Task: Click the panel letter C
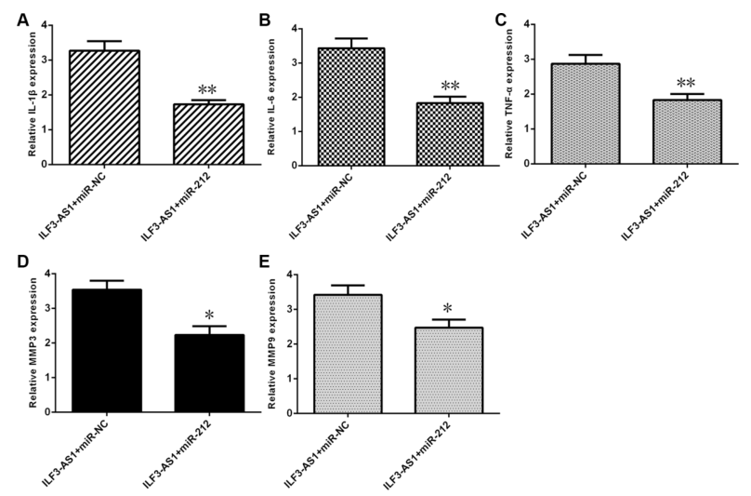pyautogui.click(x=502, y=18)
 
